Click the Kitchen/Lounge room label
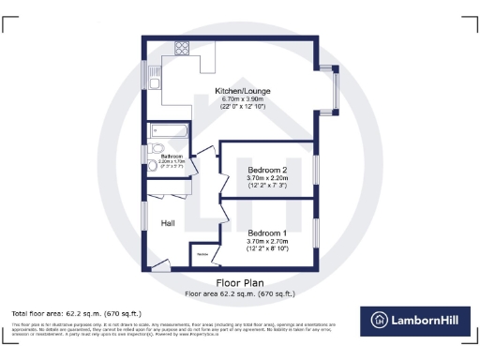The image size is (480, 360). [x=243, y=92]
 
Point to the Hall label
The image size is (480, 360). [x=168, y=223]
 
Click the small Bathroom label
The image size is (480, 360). [x=171, y=156]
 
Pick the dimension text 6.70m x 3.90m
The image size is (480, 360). [x=243, y=100]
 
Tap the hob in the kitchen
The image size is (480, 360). [x=181, y=51]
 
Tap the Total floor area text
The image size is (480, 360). [x=76, y=312]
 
